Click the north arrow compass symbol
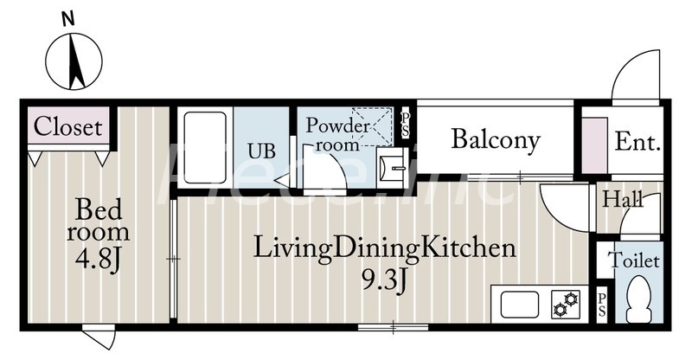coord(74,61)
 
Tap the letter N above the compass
coord(67,19)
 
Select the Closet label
coord(68,126)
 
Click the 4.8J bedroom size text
coord(98,260)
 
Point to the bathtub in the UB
coord(205,147)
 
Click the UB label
coord(261,151)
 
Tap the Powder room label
coord(337,134)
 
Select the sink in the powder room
coord(392,167)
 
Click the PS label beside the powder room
coord(405,125)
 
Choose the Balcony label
coord(496,140)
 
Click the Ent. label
coord(638,142)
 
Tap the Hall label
coord(623,199)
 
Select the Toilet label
coord(634,260)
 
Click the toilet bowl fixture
coord(639,299)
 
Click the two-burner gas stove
coord(566,305)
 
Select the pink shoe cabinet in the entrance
coord(595,145)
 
